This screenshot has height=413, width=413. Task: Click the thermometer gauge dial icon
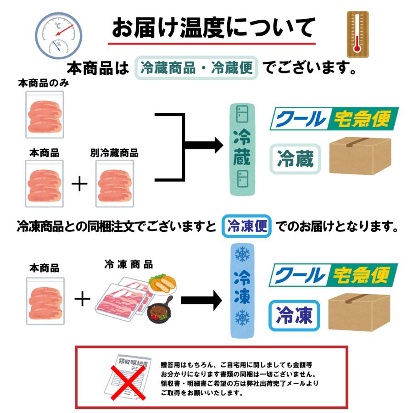[59, 35]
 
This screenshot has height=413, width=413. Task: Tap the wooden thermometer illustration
[357, 34]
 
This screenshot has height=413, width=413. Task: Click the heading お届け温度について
[213, 28]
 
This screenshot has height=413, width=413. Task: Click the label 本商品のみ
[44, 84]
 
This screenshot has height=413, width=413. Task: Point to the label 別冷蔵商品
[114, 153]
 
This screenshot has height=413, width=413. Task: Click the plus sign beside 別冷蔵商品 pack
[80, 184]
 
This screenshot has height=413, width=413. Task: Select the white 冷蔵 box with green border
[295, 159]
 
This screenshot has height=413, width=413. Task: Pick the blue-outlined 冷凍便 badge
[246, 226]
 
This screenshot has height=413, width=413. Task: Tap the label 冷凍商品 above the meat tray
[128, 265]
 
